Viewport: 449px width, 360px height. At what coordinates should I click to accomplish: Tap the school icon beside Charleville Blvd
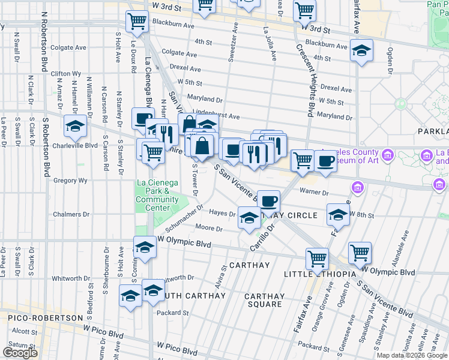(75, 127)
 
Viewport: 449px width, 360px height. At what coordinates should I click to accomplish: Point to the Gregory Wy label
(70, 180)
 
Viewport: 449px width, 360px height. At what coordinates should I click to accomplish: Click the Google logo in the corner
(20, 353)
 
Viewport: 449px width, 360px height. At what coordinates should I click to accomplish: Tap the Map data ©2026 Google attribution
(412, 355)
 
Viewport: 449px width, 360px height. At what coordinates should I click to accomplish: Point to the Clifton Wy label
(66, 74)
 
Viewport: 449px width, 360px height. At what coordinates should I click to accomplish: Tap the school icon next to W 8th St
(338, 214)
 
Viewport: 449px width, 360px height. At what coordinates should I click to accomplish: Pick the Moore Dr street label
(209, 229)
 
